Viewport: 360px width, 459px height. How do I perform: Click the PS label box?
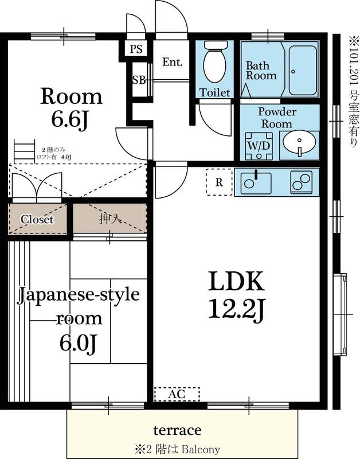pyautogui.click(x=135, y=49)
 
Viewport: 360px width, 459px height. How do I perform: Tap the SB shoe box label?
pyautogui.click(x=138, y=80)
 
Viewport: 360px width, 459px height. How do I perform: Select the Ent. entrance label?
pyautogui.click(x=172, y=62)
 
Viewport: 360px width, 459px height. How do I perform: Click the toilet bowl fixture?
pyautogui.click(x=215, y=64)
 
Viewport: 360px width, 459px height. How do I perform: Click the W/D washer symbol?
pyautogui.click(x=258, y=146)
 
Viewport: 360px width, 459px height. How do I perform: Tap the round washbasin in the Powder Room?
pyautogui.click(x=298, y=143)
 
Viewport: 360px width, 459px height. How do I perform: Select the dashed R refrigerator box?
pyautogui.click(x=218, y=183)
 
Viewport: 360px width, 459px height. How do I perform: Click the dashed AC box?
pyautogui.click(x=177, y=394)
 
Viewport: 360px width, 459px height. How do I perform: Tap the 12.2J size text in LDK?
pyautogui.click(x=235, y=311)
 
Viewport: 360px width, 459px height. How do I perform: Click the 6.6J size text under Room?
pyautogui.click(x=71, y=121)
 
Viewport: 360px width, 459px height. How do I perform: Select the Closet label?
pyautogui.click(x=37, y=219)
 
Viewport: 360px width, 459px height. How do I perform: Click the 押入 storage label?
pyautogui.click(x=108, y=219)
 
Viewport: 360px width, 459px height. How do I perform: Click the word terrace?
pyautogui.click(x=177, y=430)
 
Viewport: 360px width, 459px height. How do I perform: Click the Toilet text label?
pyautogui.click(x=215, y=92)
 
